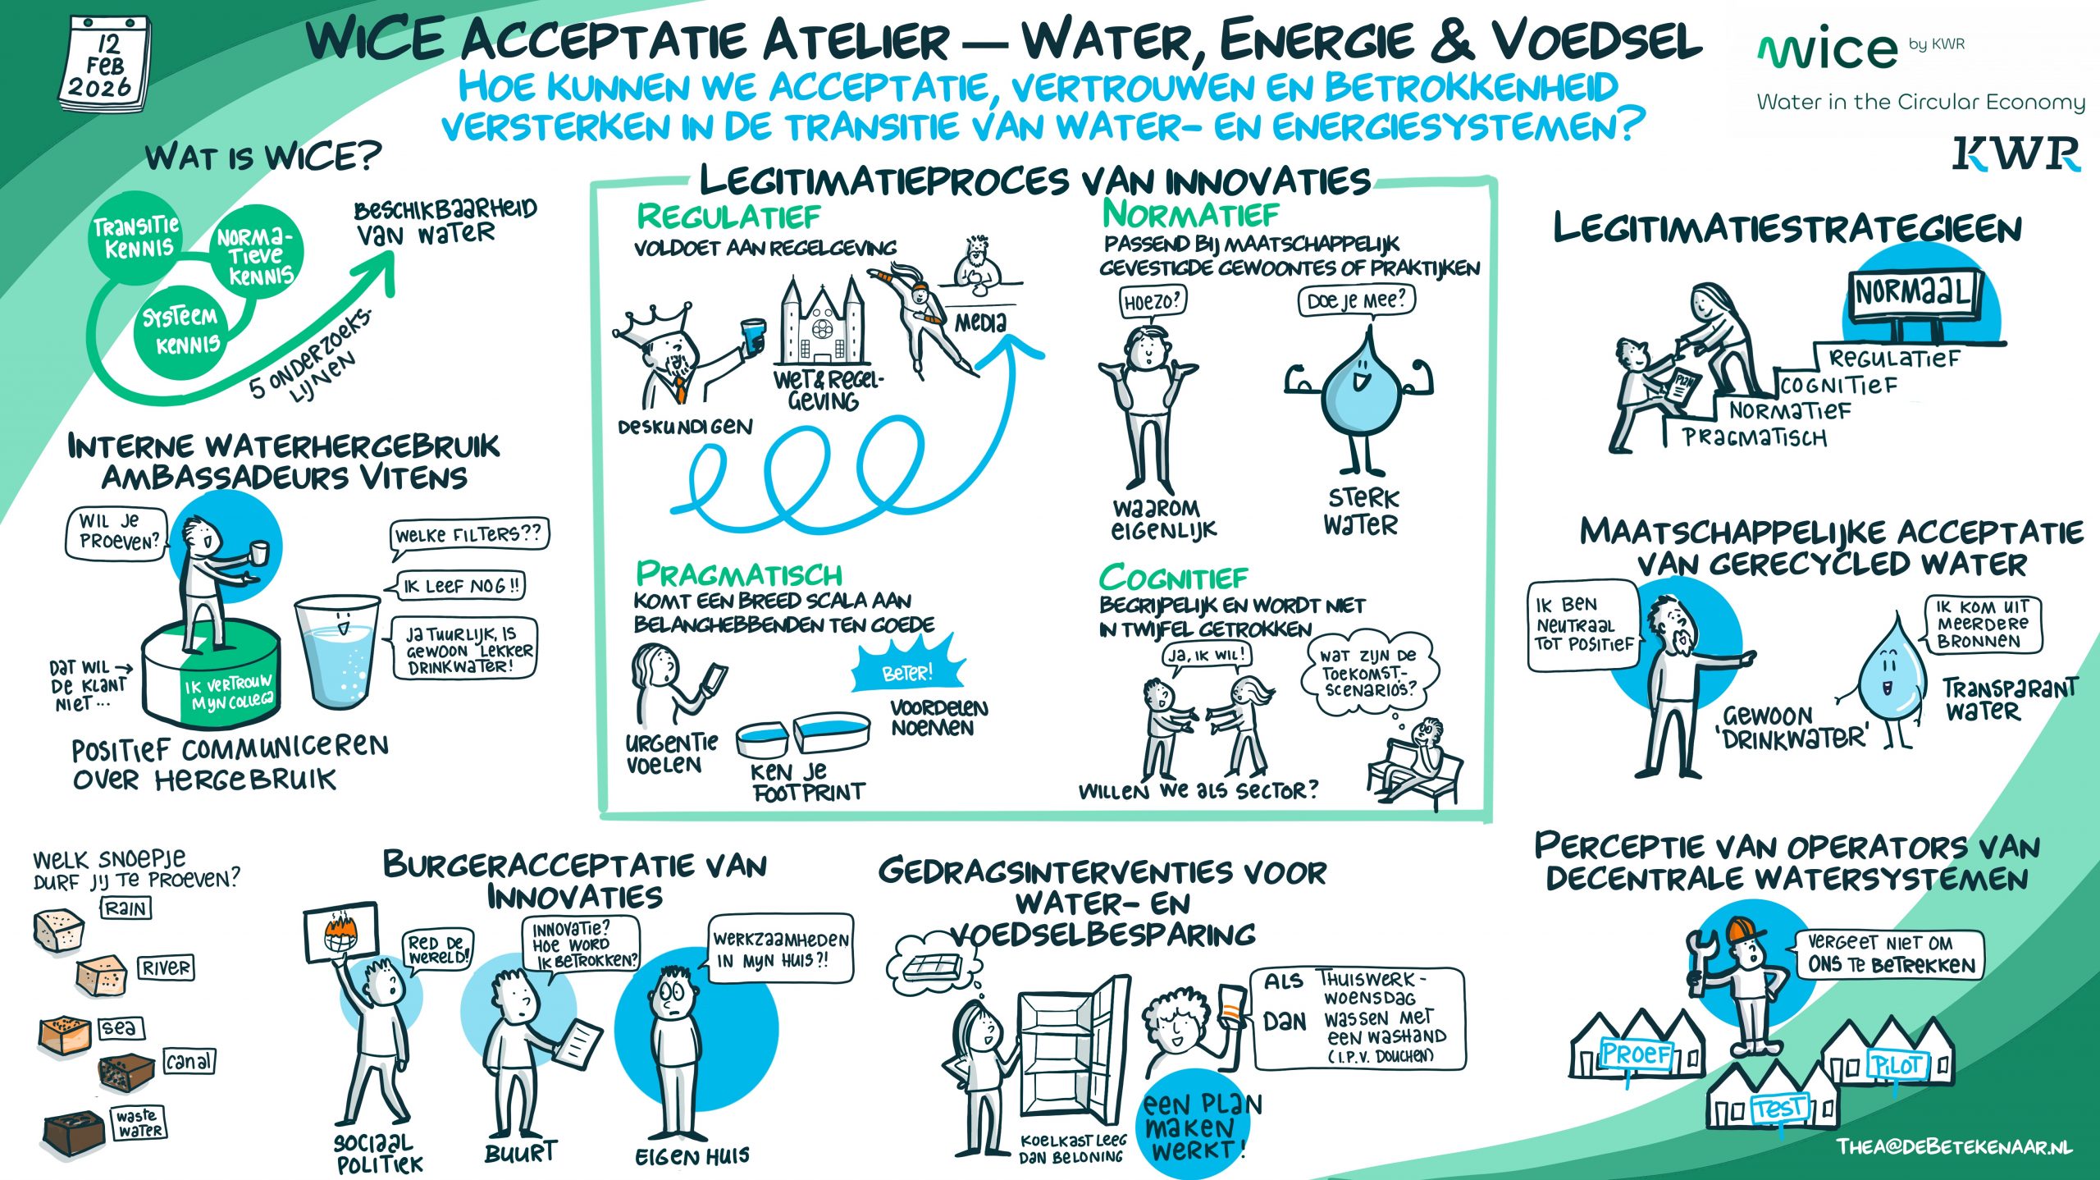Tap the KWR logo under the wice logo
pyautogui.click(x=2016, y=154)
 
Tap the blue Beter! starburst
pyautogui.click(x=906, y=670)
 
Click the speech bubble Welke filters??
pyautogui.click(x=468, y=535)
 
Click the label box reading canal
pyautogui.click(x=189, y=1061)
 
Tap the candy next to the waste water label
pyautogui.click(x=74, y=1132)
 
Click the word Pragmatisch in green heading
pyautogui.click(x=739, y=574)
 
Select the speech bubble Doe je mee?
pyautogui.click(x=1356, y=301)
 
